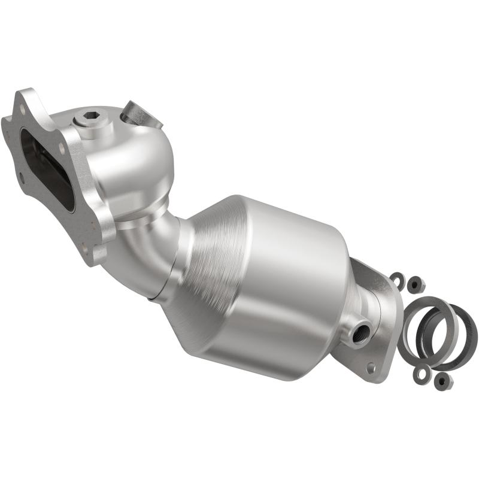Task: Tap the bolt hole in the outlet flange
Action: click(372, 366)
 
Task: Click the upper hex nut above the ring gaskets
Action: click(414, 286)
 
